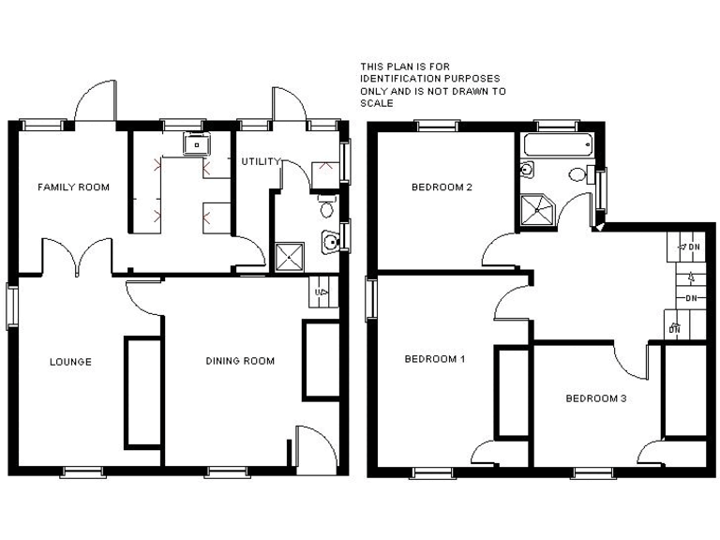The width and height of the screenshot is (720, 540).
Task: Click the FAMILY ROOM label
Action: click(x=73, y=187)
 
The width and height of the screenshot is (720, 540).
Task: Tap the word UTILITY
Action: click(x=260, y=162)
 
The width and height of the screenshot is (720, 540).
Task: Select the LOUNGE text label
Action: click(x=70, y=362)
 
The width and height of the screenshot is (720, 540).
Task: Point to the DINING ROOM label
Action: click(x=240, y=361)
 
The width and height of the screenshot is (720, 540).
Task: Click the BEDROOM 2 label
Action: click(x=442, y=187)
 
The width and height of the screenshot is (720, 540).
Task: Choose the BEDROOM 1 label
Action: click(x=435, y=359)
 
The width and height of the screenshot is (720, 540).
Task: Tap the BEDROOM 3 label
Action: click(x=595, y=398)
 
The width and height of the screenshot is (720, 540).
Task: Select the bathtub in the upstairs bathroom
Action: click(x=557, y=145)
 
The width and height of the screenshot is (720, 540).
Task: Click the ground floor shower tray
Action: click(x=289, y=256)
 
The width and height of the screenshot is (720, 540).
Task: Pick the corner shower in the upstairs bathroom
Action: click(x=538, y=211)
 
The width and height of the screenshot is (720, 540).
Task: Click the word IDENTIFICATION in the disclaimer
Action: click(x=403, y=79)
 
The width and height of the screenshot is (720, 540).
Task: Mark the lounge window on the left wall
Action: click(x=11, y=305)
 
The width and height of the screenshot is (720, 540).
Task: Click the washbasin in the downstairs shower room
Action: click(x=330, y=243)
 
